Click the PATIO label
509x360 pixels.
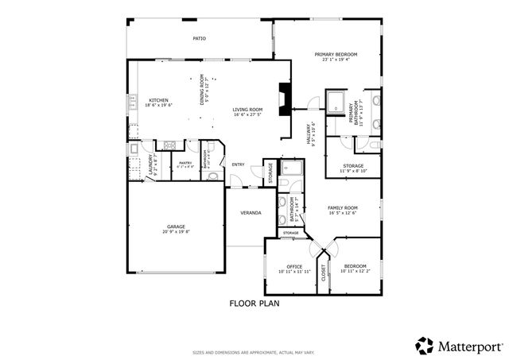point(200,38)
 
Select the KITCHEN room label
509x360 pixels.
point(158,100)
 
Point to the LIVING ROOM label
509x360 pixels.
point(247,110)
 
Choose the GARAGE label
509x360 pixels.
point(176,226)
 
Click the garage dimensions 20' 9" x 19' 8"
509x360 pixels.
point(176,232)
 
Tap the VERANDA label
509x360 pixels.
point(251,213)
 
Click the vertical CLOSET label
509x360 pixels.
point(323,273)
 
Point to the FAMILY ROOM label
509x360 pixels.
point(343,207)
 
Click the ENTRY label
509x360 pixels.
point(238,165)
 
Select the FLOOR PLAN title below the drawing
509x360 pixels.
point(254,303)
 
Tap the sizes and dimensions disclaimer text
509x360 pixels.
point(254,352)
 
